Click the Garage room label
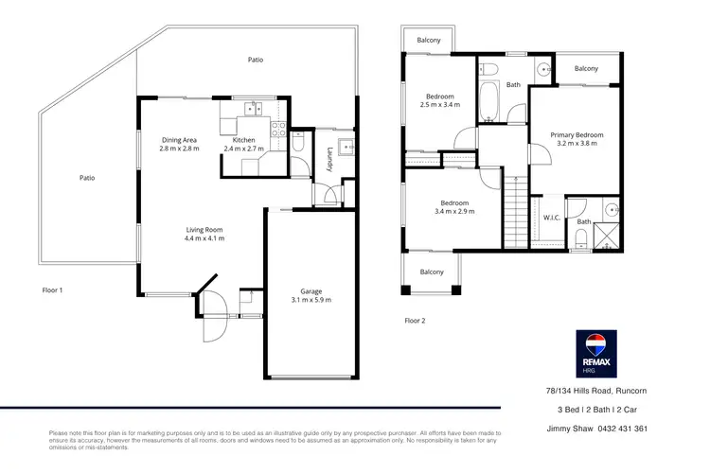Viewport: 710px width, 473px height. (311, 291)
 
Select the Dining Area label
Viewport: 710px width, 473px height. (179, 140)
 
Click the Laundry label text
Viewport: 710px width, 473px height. (329, 158)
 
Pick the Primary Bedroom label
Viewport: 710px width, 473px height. (577, 135)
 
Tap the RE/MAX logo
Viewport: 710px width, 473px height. (596, 352)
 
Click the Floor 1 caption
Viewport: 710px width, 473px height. (53, 289)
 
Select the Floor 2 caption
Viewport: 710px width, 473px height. (415, 321)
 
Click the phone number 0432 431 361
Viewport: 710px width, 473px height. (615, 429)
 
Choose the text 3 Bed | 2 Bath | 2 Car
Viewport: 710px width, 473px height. (602, 410)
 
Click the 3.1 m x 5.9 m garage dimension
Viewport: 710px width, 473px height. (311, 300)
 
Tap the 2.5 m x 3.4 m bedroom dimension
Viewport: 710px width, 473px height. (440, 105)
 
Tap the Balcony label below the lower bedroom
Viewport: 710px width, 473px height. (432, 272)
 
